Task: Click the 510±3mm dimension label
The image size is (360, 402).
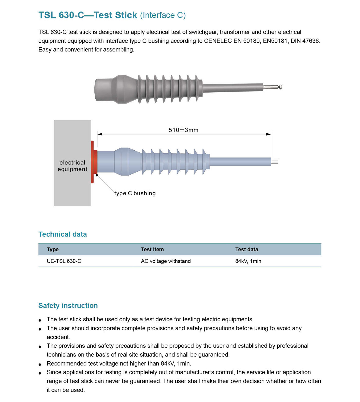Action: [x=183, y=130]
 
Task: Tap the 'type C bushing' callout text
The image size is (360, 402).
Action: [x=135, y=193]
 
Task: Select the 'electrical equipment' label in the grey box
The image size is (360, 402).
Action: [x=72, y=166]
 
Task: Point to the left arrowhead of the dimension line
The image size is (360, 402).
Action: [x=100, y=134]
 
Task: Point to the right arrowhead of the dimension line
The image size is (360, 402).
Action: [x=268, y=134]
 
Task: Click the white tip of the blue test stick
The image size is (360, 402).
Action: [x=275, y=162]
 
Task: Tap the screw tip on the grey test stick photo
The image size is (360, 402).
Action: [x=280, y=87]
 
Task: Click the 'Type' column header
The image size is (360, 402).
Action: [x=53, y=249]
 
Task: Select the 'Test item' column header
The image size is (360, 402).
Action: [x=152, y=249]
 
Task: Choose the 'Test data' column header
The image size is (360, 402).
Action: [x=247, y=249]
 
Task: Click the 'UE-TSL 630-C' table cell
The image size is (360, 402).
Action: [x=64, y=261]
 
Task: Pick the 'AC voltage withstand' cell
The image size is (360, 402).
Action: [x=166, y=261]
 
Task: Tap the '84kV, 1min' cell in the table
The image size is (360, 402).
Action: [x=248, y=261]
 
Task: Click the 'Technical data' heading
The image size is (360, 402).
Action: [x=62, y=234]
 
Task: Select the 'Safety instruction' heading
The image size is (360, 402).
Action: [x=68, y=306]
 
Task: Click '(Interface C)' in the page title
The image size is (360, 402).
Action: [x=163, y=15]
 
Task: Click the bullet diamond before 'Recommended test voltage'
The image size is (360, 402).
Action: [x=40, y=364]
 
